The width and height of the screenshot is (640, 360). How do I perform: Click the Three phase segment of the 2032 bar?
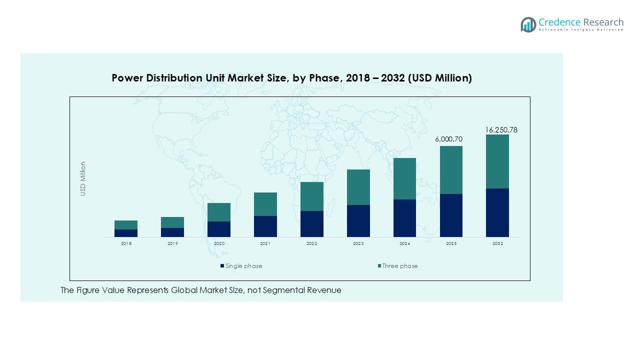tap(497, 161)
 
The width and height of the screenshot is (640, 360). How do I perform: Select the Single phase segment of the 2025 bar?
tap(451, 215)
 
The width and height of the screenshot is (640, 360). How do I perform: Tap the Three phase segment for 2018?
tap(126, 224)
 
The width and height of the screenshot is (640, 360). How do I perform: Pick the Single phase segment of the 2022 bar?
tap(312, 223)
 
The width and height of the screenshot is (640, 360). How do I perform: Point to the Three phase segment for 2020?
tap(219, 212)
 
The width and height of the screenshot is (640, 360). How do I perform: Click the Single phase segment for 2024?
tap(404, 218)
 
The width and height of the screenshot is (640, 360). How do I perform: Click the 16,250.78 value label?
tap(501, 130)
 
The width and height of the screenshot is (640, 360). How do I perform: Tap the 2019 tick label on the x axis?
tap(172, 243)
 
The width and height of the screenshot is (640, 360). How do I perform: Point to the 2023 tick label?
tap(358, 243)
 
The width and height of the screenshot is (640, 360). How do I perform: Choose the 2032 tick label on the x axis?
tap(497, 243)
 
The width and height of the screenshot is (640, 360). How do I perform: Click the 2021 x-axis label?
tap(265, 243)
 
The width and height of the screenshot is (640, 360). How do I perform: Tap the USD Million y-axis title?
tap(83, 178)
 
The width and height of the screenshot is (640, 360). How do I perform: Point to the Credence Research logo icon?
tap(528, 24)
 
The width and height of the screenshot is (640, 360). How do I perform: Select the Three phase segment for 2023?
tap(358, 187)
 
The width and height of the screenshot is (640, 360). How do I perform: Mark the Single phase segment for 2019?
tap(172, 232)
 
